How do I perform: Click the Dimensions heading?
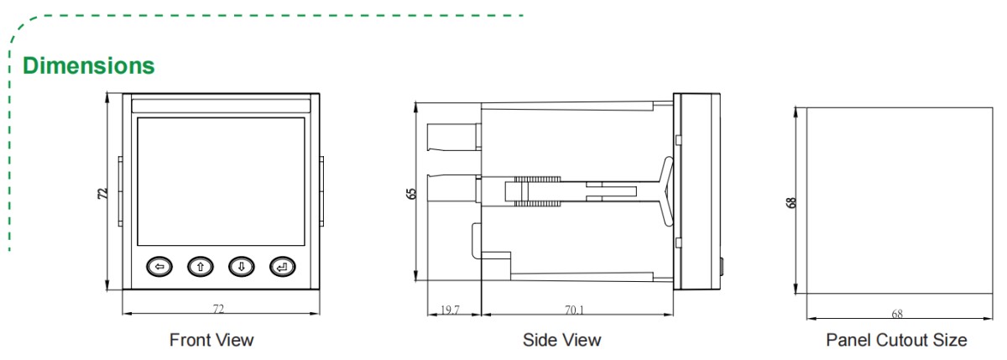pos(88,65)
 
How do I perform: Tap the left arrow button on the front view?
pos(159,268)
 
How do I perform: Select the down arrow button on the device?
pos(241,268)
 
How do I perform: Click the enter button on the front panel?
pos(283,268)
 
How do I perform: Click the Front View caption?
pos(211,340)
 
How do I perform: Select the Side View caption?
pos(561,340)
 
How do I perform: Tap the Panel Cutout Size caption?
pos(896,340)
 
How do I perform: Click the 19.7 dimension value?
pos(450,310)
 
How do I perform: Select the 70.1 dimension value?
pos(575,310)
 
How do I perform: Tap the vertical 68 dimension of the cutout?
pos(791,201)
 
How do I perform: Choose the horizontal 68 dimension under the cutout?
pos(897,314)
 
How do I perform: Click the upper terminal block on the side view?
pos(453,138)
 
